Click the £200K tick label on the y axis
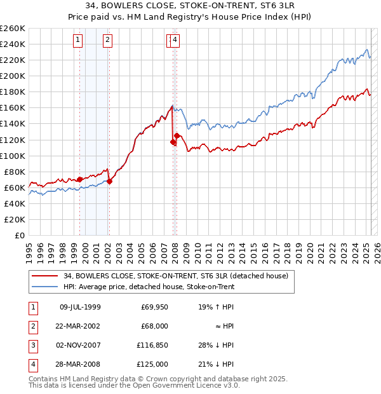tap(13, 76)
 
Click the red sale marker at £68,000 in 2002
tap(109, 181)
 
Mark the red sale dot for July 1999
tap(79, 179)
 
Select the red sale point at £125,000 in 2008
tap(177, 135)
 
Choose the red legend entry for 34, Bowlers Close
tap(176, 276)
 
